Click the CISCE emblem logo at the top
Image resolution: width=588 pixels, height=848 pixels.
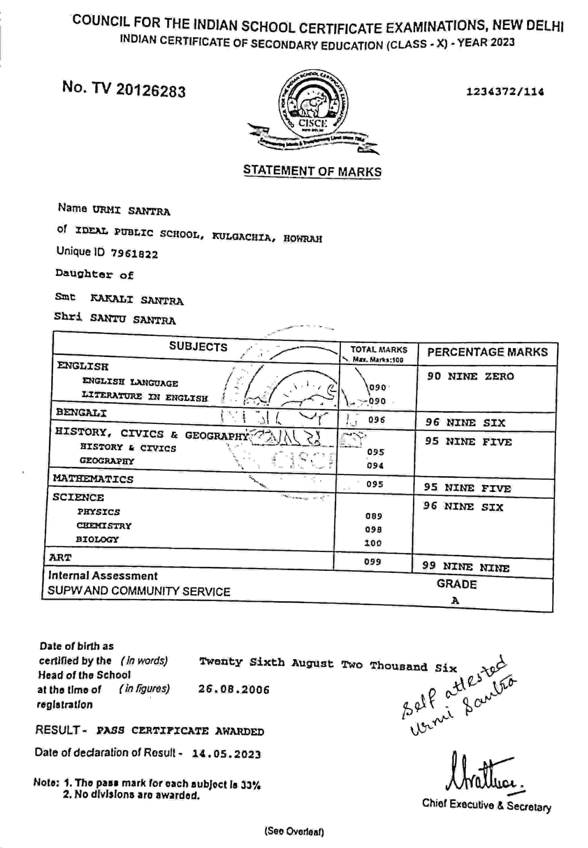click(313, 111)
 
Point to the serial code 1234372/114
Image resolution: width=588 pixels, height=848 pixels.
click(505, 91)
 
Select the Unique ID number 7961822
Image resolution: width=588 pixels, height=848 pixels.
click(134, 254)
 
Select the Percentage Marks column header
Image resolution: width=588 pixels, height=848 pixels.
click(487, 352)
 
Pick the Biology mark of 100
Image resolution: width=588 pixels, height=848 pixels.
click(373, 543)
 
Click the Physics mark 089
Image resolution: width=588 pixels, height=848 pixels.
click(373, 516)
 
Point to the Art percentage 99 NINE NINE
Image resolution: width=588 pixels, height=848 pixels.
click(466, 567)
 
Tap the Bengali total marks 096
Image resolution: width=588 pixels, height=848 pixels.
click(376, 420)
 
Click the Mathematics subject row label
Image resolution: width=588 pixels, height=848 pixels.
click(93, 479)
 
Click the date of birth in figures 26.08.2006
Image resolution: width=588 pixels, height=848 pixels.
click(234, 689)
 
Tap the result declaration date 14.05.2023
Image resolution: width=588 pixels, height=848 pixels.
click(226, 754)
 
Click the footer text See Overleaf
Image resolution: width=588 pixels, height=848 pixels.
click(294, 832)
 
